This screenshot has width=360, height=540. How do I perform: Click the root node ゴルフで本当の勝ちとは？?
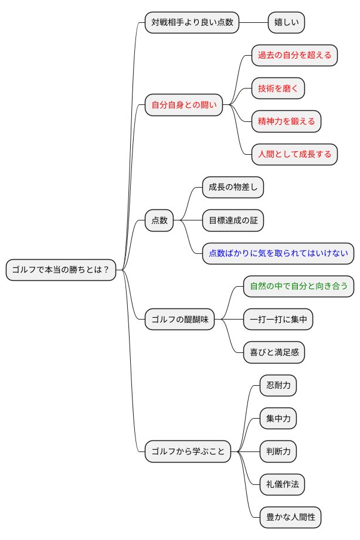[x=61, y=270]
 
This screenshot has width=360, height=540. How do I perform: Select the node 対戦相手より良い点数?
[x=192, y=22]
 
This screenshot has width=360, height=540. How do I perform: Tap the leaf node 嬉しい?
[x=286, y=22]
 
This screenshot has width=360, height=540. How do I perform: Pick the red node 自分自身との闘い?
[x=184, y=105]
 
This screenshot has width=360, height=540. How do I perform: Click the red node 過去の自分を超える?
[x=294, y=55]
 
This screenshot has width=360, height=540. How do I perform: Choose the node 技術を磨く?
[x=278, y=89]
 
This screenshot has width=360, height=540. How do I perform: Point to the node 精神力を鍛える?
[x=286, y=121]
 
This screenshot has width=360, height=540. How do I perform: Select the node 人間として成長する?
[x=294, y=155]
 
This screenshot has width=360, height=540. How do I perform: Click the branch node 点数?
[x=159, y=220]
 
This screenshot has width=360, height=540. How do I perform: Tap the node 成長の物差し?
[x=233, y=188]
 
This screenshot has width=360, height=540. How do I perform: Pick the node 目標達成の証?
[x=233, y=220]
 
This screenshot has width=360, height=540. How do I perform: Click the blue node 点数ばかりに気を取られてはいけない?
[x=278, y=254]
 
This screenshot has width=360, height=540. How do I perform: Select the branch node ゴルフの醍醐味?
[x=180, y=320]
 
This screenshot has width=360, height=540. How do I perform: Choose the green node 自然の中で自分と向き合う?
[x=298, y=287]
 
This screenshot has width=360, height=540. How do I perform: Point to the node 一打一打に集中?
[x=278, y=320]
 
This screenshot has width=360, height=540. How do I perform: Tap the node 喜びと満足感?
[x=274, y=352]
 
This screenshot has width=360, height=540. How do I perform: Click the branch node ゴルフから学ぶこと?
[x=188, y=451]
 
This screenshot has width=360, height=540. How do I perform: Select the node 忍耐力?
[x=278, y=385]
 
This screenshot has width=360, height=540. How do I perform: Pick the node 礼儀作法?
[x=282, y=484]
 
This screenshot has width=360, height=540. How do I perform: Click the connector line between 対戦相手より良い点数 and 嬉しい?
[x=253, y=22]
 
